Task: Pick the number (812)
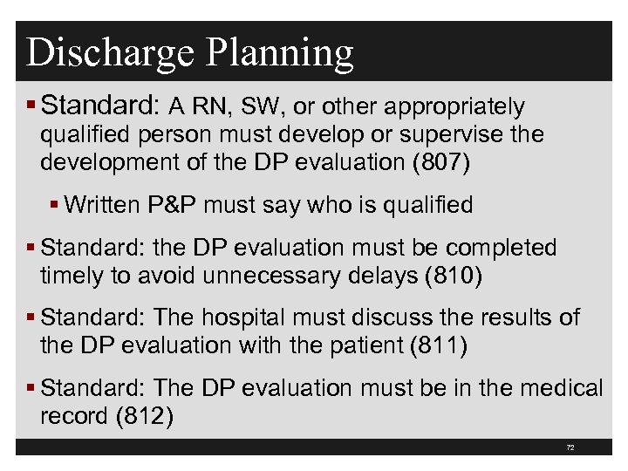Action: (145, 415)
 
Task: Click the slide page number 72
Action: (570, 447)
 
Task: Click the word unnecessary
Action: (297, 276)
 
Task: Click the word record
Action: (73, 415)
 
